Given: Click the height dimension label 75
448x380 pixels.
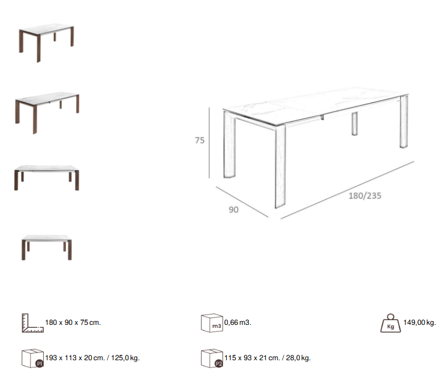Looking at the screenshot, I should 200,140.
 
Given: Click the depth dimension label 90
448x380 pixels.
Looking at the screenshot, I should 233,210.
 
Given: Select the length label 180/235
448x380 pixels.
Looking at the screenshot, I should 365,195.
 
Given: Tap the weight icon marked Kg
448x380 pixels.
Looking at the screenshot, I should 390,324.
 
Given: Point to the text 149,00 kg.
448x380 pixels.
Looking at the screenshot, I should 419,322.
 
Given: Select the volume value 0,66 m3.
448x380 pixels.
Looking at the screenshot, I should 237,322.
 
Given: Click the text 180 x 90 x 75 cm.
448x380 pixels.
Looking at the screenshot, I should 73,322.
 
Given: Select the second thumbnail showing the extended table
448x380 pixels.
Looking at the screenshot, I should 47,108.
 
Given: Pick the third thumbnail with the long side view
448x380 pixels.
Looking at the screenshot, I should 47,177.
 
